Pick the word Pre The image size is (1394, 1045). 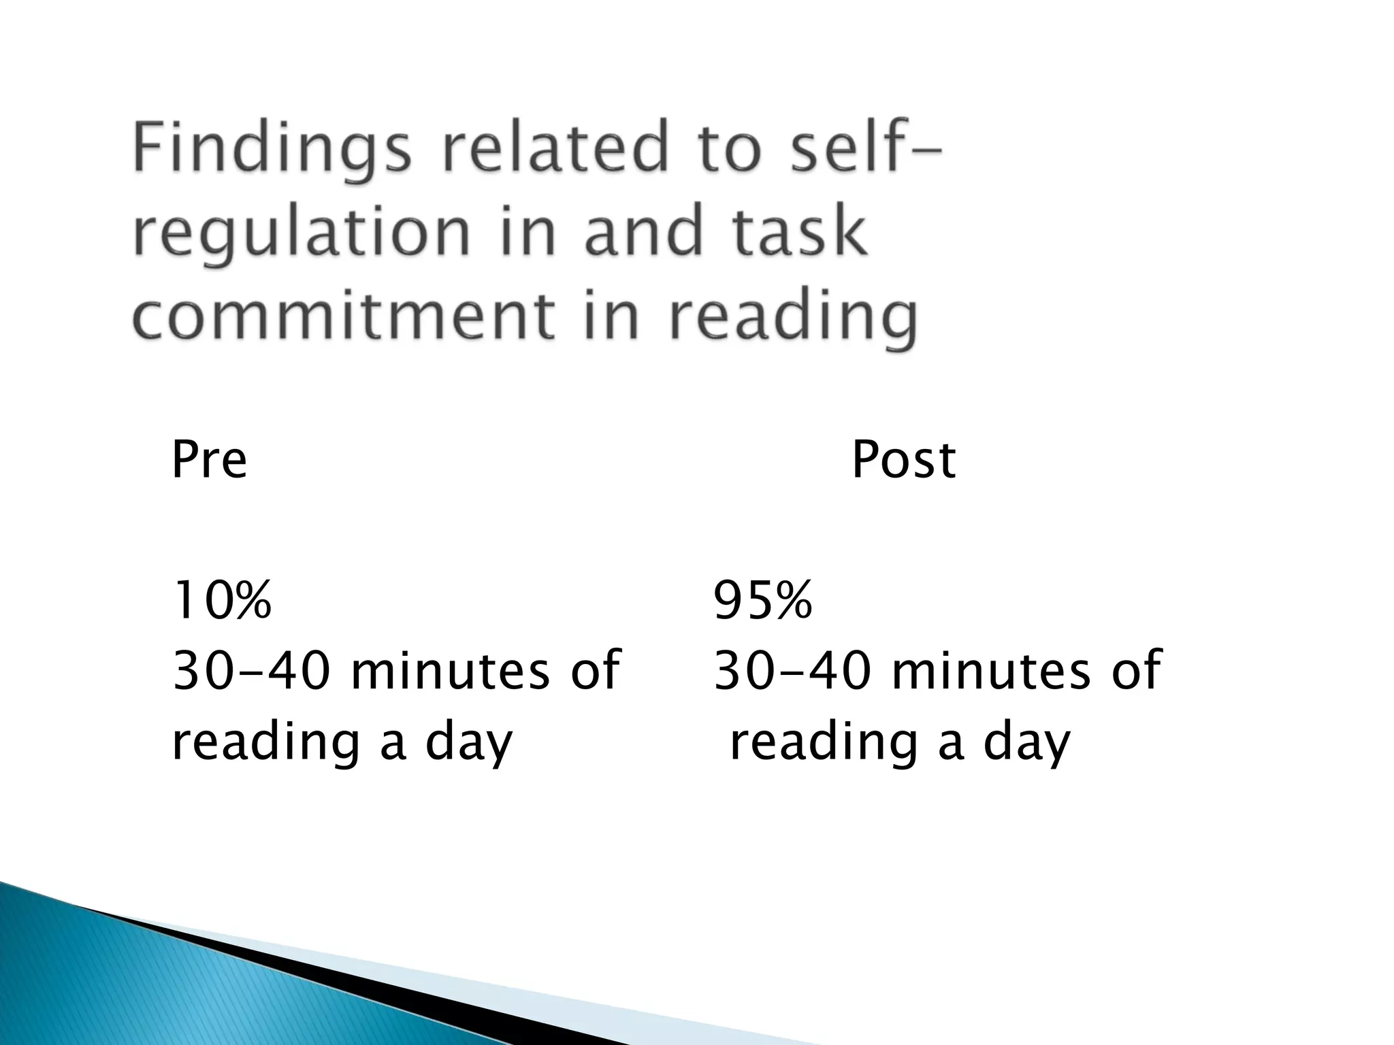209,460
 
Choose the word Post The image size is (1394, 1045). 903,460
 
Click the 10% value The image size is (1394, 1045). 222,600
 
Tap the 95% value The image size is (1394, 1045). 762,600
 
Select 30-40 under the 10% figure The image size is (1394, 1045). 253,670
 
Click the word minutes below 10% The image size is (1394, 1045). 450,670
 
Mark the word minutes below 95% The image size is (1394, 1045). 991,670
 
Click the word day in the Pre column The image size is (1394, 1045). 468,744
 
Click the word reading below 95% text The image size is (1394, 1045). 824,744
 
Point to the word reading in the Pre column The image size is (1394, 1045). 265,744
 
